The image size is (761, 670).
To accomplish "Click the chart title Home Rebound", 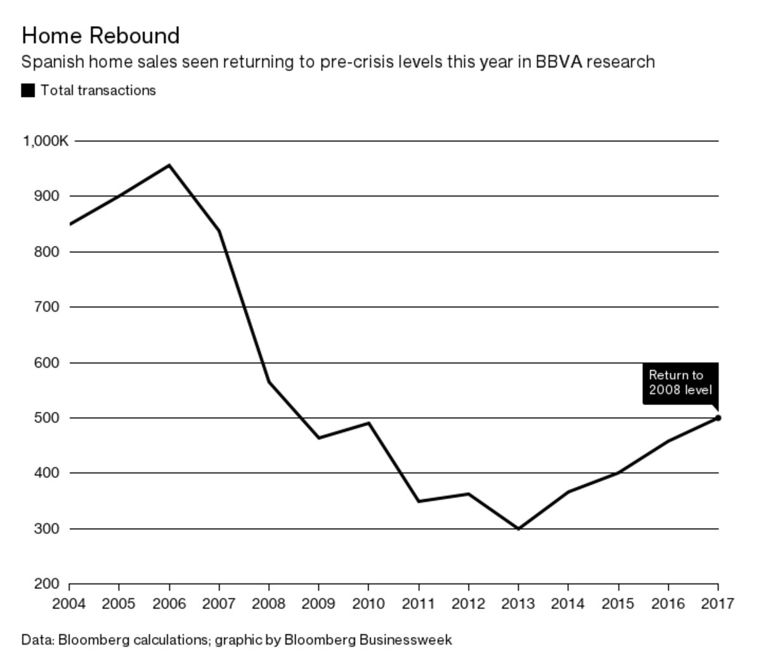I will click(x=100, y=35).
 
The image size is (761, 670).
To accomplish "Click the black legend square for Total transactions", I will click(x=28, y=91).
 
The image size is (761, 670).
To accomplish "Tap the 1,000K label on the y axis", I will click(x=45, y=141).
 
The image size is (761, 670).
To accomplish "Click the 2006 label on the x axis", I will click(x=169, y=603).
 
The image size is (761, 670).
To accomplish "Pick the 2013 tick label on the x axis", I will click(x=518, y=603).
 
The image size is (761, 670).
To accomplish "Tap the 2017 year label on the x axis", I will click(x=717, y=603).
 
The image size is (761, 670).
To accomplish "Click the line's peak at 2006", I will click(x=169, y=165).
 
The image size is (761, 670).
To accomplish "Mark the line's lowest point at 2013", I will click(x=518, y=528).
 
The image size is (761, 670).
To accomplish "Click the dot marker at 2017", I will click(x=718, y=418).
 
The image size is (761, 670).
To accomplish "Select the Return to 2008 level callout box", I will click(x=680, y=383).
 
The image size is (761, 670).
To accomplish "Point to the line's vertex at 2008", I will click(x=269, y=382).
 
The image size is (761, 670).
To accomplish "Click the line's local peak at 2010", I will click(x=368, y=423).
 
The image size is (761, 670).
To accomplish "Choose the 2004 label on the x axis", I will click(x=68, y=603).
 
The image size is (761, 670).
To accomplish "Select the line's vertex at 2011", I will click(x=419, y=501).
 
